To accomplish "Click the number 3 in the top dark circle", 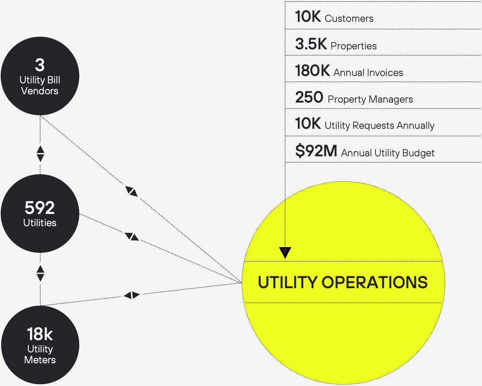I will click(40, 65).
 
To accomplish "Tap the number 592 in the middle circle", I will click(40, 208).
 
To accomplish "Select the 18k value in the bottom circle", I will click(40, 334).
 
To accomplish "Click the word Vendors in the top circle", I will click(40, 91).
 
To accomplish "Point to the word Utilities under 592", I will click(40, 223).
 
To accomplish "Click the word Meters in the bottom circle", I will click(40, 360).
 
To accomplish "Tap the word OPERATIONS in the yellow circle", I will click(375, 283).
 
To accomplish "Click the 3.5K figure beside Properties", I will click(311, 44).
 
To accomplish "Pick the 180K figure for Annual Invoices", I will click(312, 71).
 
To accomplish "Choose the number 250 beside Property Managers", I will click(309, 97).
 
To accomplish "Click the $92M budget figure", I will click(316, 151).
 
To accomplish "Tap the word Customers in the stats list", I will click(349, 19).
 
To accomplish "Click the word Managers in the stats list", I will click(390, 100).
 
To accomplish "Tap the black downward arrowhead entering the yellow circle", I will click(285, 252).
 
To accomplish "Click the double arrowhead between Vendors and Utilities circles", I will click(40, 154).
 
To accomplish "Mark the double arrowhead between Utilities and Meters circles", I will click(40, 273).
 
